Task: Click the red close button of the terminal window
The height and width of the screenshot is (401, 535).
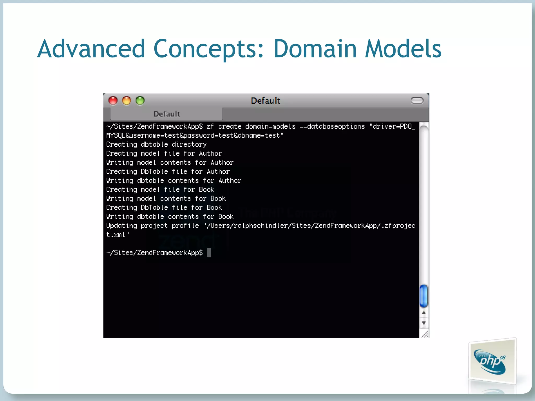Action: coord(113,101)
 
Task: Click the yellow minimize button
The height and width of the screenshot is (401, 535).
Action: coord(127,101)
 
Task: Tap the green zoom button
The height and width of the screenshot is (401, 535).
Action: coord(140,101)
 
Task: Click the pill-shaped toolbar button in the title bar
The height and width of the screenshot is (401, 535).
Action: coord(417,101)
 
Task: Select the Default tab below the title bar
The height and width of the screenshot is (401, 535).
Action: coord(167,114)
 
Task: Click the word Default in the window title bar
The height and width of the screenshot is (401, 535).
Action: coord(265,101)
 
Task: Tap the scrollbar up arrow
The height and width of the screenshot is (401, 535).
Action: coord(424,313)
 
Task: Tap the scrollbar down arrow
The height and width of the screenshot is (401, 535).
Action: coord(424,323)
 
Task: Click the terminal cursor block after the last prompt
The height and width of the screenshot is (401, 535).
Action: coord(209,253)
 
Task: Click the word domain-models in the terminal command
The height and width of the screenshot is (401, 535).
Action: coord(270,127)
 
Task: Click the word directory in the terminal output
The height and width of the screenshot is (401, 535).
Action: coord(189,145)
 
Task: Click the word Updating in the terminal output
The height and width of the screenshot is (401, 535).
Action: coord(121,226)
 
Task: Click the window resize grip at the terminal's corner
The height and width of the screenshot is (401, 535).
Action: coord(425,334)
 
